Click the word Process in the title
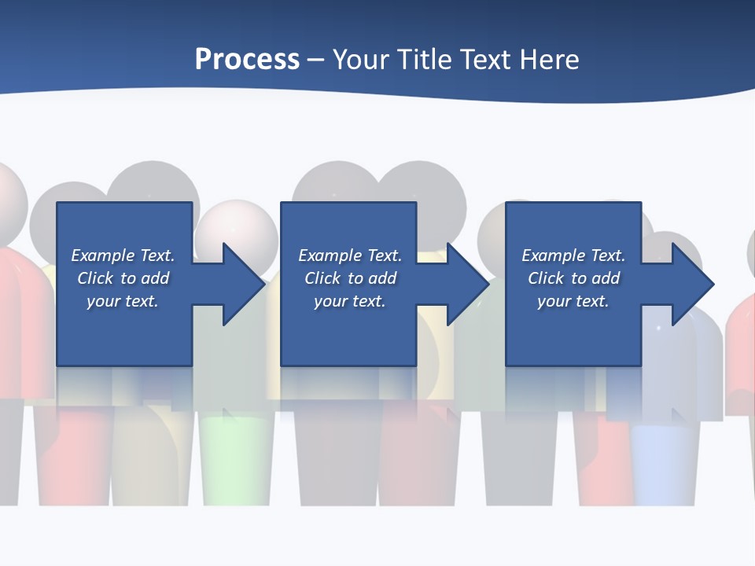(x=247, y=60)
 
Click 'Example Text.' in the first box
(x=123, y=255)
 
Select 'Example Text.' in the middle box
(x=350, y=255)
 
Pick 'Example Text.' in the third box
(x=573, y=255)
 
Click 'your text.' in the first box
(x=123, y=301)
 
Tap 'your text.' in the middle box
(x=350, y=301)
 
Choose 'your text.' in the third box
(x=573, y=301)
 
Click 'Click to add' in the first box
(x=123, y=278)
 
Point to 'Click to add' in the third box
(x=573, y=278)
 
